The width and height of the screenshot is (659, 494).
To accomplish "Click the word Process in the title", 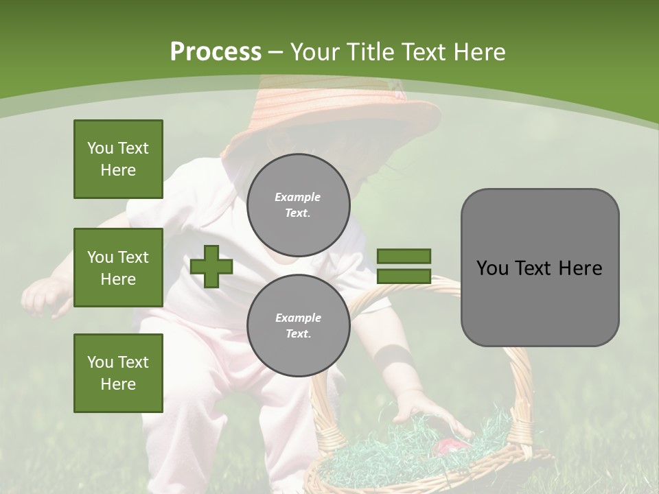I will (x=216, y=51).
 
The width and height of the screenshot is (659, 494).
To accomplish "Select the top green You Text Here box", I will (x=118, y=159).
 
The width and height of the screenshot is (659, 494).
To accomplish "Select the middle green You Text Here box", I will (x=118, y=268).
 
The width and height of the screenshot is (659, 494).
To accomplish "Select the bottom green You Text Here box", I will (x=118, y=373).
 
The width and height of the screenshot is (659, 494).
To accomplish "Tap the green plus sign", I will (x=211, y=266).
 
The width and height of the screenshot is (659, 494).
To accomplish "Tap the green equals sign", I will (x=404, y=266).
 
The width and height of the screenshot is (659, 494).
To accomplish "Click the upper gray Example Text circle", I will (x=298, y=204).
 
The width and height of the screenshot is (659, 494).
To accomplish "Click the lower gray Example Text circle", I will (x=298, y=325).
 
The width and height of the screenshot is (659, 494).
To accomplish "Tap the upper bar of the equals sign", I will (x=404, y=257).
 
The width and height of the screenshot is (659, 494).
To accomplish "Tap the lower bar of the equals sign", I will (x=404, y=276).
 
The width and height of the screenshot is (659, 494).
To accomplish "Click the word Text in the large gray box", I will (x=538, y=268).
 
